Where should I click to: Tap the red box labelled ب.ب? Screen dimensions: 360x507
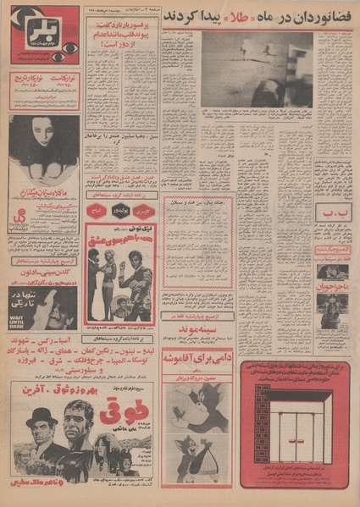point(333,212)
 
